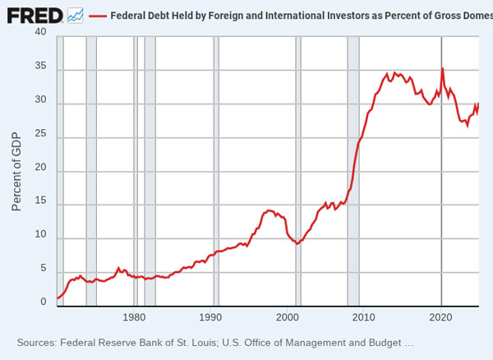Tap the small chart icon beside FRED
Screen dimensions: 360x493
tap(76, 14)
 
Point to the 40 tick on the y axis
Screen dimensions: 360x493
tap(40, 31)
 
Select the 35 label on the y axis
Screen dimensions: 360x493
tap(40, 66)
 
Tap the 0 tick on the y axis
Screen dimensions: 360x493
tap(44, 302)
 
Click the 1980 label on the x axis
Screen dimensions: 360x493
tap(135, 317)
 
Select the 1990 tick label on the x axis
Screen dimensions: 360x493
tap(212, 317)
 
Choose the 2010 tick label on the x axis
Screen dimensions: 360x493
tap(365, 317)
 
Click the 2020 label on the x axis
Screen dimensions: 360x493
tap(441, 317)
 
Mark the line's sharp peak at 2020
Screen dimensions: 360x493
tap(443, 68)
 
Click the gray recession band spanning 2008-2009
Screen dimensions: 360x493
tap(353, 164)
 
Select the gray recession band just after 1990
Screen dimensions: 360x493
tap(216, 164)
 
